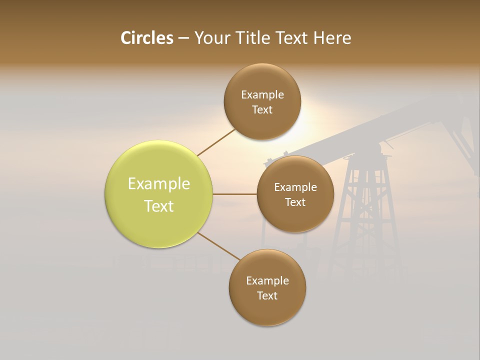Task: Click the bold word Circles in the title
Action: point(147,38)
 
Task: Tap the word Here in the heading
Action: point(332,38)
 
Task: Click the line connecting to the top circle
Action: point(216,142)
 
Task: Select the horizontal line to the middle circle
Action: point(235,194)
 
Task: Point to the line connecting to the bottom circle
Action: point(219,246)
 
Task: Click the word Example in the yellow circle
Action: point(159,184)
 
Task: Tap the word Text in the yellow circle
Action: point(159,206)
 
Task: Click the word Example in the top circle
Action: point(262,95)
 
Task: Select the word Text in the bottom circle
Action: point(267,295)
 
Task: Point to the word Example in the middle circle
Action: point(295,187)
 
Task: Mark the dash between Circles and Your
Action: point(183,38)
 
